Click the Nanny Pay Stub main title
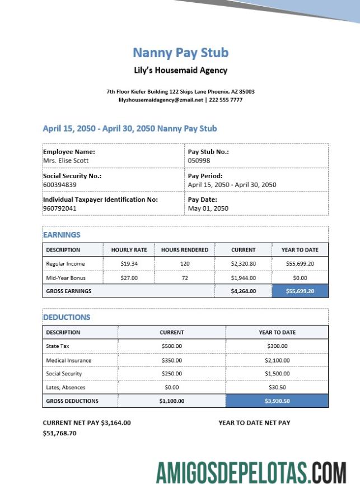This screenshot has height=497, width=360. pos(180,53)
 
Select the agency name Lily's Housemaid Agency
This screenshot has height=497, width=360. pos(180,71)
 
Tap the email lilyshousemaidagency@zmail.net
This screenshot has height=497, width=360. pos(160,100)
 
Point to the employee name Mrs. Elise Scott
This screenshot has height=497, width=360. pos(66,161)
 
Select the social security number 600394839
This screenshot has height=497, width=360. pos(59,184)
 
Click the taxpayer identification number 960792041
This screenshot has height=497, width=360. pos(59,208)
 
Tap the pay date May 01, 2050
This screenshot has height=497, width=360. pos(208,208)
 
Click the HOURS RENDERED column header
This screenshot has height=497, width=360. pos(185,250)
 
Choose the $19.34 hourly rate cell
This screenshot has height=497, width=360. pos(129,263)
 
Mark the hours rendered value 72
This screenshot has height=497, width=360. pos(185,278)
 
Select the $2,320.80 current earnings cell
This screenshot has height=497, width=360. pos(243,263)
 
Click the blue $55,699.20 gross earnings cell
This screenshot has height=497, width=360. pos(300,291)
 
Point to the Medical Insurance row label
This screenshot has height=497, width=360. pos(68,360)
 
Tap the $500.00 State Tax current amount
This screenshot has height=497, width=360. pos(172,346)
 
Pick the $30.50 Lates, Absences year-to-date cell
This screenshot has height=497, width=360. pos(277,387)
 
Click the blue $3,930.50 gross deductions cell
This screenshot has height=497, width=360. pos(277,401)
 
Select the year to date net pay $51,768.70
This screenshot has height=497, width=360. pos(59,433)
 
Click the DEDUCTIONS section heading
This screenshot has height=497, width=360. pos(67,317)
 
